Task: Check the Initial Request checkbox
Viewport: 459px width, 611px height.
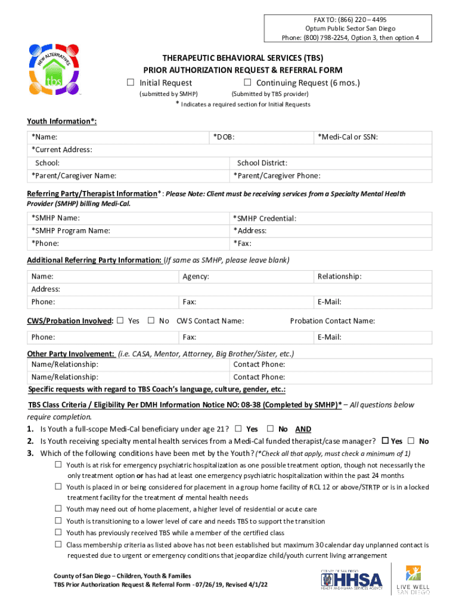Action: click(x=131, y=82)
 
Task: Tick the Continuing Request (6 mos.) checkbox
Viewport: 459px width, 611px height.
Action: click(x=247, y=82)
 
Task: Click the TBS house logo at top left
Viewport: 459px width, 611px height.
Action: click(x=55, y=73)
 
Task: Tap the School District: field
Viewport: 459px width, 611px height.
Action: click(x=331, y=163)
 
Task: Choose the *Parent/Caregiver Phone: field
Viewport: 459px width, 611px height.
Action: click(x=331, y=175)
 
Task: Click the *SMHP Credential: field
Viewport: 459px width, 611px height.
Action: click(x=331, y=218)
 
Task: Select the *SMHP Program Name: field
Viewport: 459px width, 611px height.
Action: click(x=128, y=231)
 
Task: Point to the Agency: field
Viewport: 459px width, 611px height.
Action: click(x=246, y=277)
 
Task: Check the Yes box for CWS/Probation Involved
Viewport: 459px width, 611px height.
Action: click(x=120, y=320)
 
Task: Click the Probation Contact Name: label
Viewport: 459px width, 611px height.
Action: click(x=332, y=321)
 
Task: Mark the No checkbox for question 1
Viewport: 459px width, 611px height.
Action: click(x=270, y=428)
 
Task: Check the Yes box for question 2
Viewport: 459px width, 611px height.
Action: click(x=384, y=441)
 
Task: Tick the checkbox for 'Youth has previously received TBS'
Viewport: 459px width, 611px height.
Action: click(x=58, y=532)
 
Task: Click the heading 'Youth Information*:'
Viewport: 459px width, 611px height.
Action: click(x=61, y=121)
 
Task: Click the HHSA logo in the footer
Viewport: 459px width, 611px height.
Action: click(x=351, y=581)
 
